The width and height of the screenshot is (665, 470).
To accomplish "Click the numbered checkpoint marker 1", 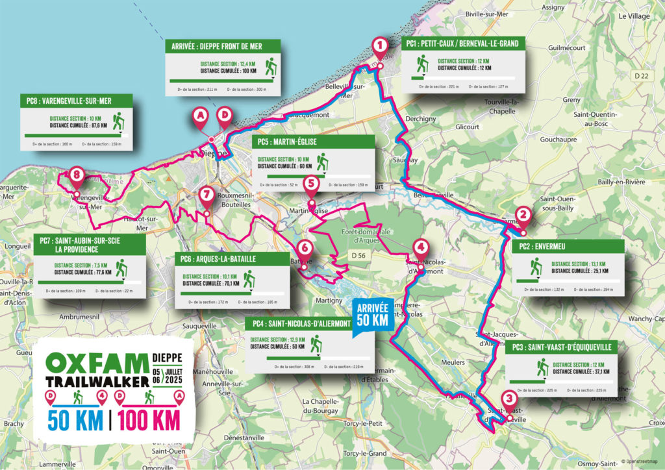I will pos(379,45).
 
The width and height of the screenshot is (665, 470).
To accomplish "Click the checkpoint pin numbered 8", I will pos(77,175).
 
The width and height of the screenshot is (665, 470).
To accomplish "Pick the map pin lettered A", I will pos(200,116).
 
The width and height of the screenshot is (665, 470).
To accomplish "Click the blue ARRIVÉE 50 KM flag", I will pos(372,317).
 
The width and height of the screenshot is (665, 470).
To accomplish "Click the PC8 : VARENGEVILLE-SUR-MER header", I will pos(76,101).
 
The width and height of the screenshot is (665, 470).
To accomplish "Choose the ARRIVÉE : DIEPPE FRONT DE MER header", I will pos(223,46).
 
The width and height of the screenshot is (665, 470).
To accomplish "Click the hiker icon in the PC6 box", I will pos(250,280).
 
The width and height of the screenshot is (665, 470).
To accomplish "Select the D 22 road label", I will pos(642,76).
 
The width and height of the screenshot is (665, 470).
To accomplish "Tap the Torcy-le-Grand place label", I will pos(365,453).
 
